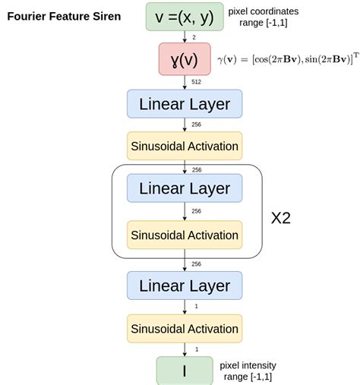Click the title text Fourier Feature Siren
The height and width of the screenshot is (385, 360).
coord(64,16)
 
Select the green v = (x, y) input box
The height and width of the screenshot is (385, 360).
coord(184,16)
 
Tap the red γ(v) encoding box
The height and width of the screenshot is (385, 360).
coord(184,58)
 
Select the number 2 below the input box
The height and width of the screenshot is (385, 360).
coord(194,36)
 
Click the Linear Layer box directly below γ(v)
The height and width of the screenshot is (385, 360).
coord(184,104)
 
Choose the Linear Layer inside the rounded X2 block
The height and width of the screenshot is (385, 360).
coord(184,188)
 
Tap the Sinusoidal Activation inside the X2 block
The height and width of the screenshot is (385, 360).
coord(184,235)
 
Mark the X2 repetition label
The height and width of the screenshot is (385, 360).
coord(281,218)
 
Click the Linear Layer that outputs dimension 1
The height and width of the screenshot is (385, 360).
coord(184,286)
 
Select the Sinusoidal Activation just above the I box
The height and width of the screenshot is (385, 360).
coord(184,329)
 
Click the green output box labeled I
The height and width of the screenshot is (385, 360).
coord(184,371)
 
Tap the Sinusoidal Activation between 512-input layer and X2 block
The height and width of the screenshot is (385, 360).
coord(184,146)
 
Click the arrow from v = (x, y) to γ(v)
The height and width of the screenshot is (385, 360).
coord(185,36)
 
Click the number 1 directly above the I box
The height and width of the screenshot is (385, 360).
coord(195,349)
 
